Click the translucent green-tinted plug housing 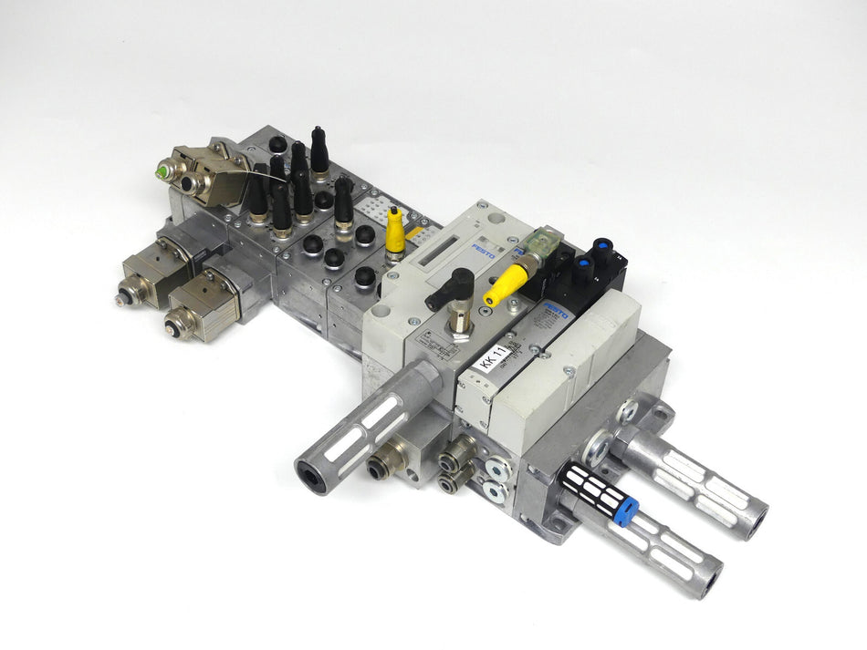[x=548, y=240]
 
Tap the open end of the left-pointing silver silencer [x=311, y=476]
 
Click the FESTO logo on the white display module [x=485, y=251]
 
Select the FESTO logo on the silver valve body [x=556, y=310]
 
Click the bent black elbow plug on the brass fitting [x=453, y=289]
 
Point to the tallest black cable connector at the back [x=319, y=150]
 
